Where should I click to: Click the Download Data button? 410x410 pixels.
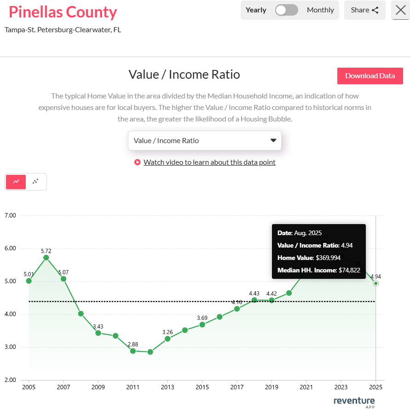(x=370, y=76)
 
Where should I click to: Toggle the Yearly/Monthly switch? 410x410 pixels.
(x=286, y=10)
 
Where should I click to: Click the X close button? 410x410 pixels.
(x=400, y=10)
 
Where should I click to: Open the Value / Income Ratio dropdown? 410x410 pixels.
(x=204, y=140)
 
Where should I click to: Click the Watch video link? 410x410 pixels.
(x=209, y=162)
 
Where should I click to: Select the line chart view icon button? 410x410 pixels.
(x=16, y=182)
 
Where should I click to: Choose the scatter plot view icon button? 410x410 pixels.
(x=35, y=182)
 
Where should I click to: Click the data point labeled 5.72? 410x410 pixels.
(x=46, y=258)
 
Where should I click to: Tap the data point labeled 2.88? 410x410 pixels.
(x=133, y=351)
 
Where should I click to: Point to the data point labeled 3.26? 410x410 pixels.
(x=167, y=339)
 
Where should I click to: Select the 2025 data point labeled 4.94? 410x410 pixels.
(x=376, y=283)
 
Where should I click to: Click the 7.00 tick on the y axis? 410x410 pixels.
(x=10, y=215)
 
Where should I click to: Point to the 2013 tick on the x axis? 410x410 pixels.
(x=167, y=387)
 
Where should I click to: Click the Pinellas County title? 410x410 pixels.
(x=63, y=12)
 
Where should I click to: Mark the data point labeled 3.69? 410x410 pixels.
(x=202, y=324)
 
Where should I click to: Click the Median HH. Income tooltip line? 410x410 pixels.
(x=318, y=270)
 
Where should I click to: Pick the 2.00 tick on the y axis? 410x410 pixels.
(x=10, y=380)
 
